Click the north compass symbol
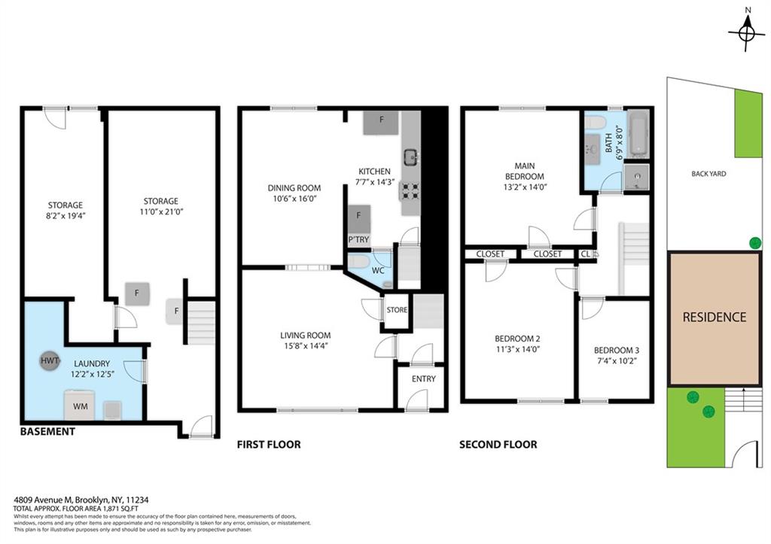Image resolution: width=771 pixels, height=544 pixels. [x=746, y=32]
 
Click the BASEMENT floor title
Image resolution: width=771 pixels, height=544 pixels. [x=47, y=432]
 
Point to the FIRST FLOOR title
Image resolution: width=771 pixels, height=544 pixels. [x=269, y=445]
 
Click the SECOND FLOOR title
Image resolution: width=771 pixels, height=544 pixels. [x=498, y=445]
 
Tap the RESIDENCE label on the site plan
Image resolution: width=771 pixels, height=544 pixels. [x=714, y=317]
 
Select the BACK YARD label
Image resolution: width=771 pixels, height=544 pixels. [x=709, y=174]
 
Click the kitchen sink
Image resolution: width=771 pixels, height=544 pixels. [x=411, y=157]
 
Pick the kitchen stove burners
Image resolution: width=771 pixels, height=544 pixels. [x=410, y=190]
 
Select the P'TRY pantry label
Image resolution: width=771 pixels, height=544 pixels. [x=358, y=240]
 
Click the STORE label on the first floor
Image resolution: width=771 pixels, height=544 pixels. [x=397, y=310]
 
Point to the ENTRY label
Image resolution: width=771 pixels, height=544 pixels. [x=423, y=379]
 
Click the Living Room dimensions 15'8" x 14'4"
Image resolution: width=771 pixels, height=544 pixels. [x=305, y=346]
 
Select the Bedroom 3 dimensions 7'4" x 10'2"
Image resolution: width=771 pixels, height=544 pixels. [x=616, y=361]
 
